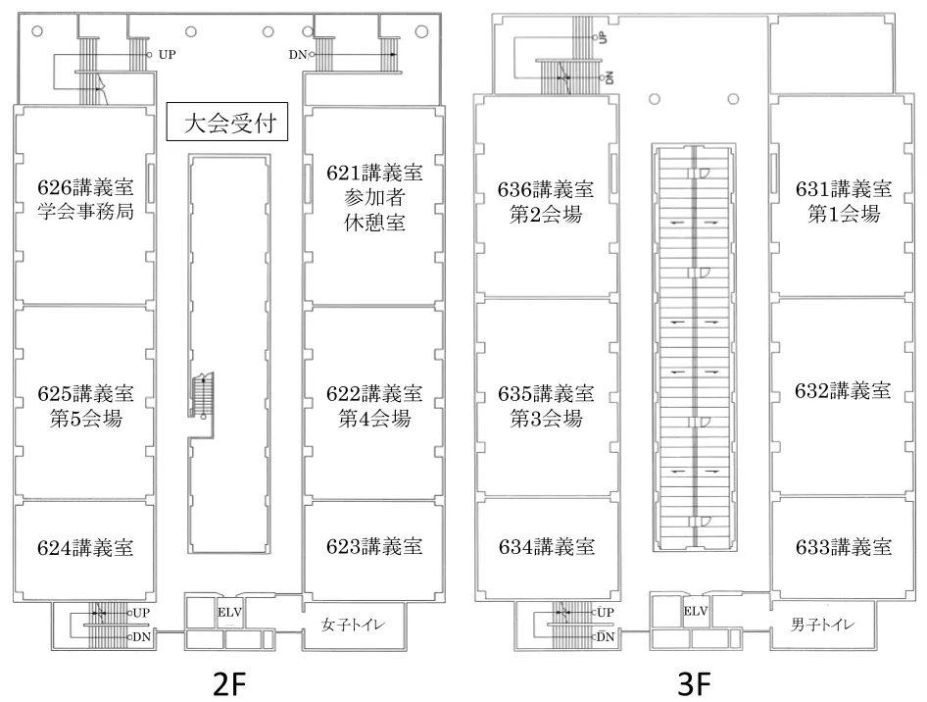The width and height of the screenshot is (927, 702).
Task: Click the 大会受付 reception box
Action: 226,125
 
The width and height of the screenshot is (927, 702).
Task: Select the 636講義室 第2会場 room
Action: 546,201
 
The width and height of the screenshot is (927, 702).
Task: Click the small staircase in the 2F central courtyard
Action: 202,396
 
